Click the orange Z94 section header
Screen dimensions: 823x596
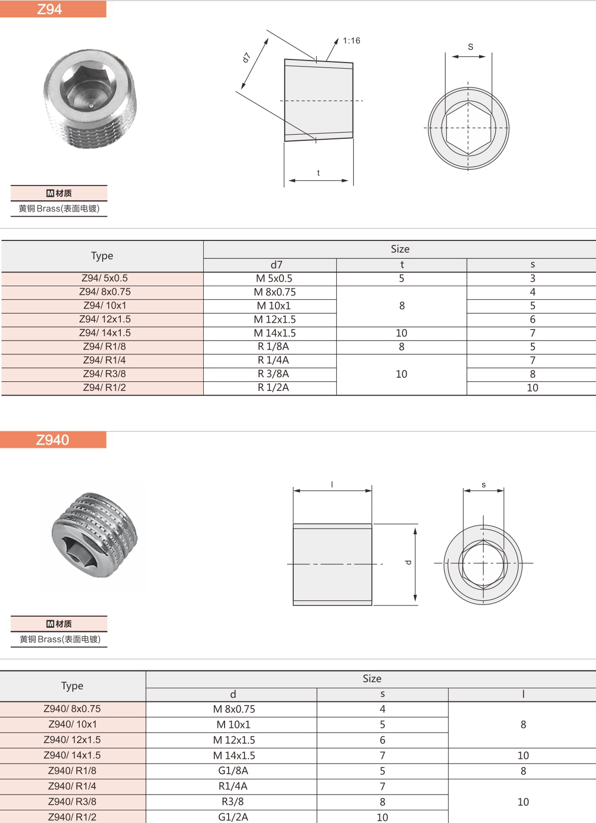(x=53, y=9)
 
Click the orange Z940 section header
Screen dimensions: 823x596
(x=53, y=440)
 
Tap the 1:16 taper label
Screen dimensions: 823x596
(x=351, y=41)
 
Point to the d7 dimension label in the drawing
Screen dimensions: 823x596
(x=247, y=57)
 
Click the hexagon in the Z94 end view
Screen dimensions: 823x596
(x=468, y=128)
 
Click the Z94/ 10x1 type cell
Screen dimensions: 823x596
(x=105, y=306)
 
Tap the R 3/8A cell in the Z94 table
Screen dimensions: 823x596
(x=273, y=374)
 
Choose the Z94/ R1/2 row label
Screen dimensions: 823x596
(x=105, y=387)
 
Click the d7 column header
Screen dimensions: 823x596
(x=276, y=265)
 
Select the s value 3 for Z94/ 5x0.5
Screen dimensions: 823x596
(x=532, y=278)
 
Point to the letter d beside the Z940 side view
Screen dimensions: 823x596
(x=408, y=562)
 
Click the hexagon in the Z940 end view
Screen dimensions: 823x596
(x=483, y=564)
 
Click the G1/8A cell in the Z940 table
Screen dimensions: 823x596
(x=233, y=771)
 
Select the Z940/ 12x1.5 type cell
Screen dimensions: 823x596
(x=72, y=740)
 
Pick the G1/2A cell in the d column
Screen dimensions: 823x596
(x=233, y=817)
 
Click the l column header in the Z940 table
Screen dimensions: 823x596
(x=523, y=694)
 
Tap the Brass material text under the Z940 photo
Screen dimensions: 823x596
(x=60, y=639)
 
